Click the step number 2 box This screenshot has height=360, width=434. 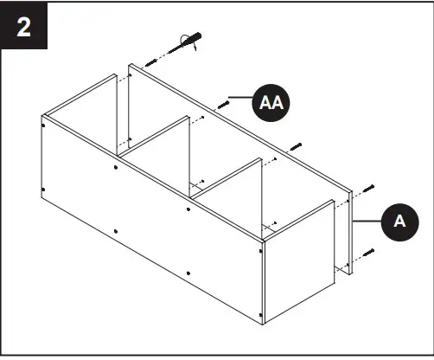coord(24,26)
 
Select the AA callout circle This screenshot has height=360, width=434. coord(271,102)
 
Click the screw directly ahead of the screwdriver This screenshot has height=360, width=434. coord(152,59)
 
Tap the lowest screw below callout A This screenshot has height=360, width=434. coord(369,253)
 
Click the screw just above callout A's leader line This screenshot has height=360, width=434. coord(369,188)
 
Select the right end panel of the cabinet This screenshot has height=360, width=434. coord(298,260)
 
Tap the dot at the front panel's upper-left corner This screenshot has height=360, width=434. coord(44,122)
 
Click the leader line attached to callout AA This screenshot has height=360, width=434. coord(241,96)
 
